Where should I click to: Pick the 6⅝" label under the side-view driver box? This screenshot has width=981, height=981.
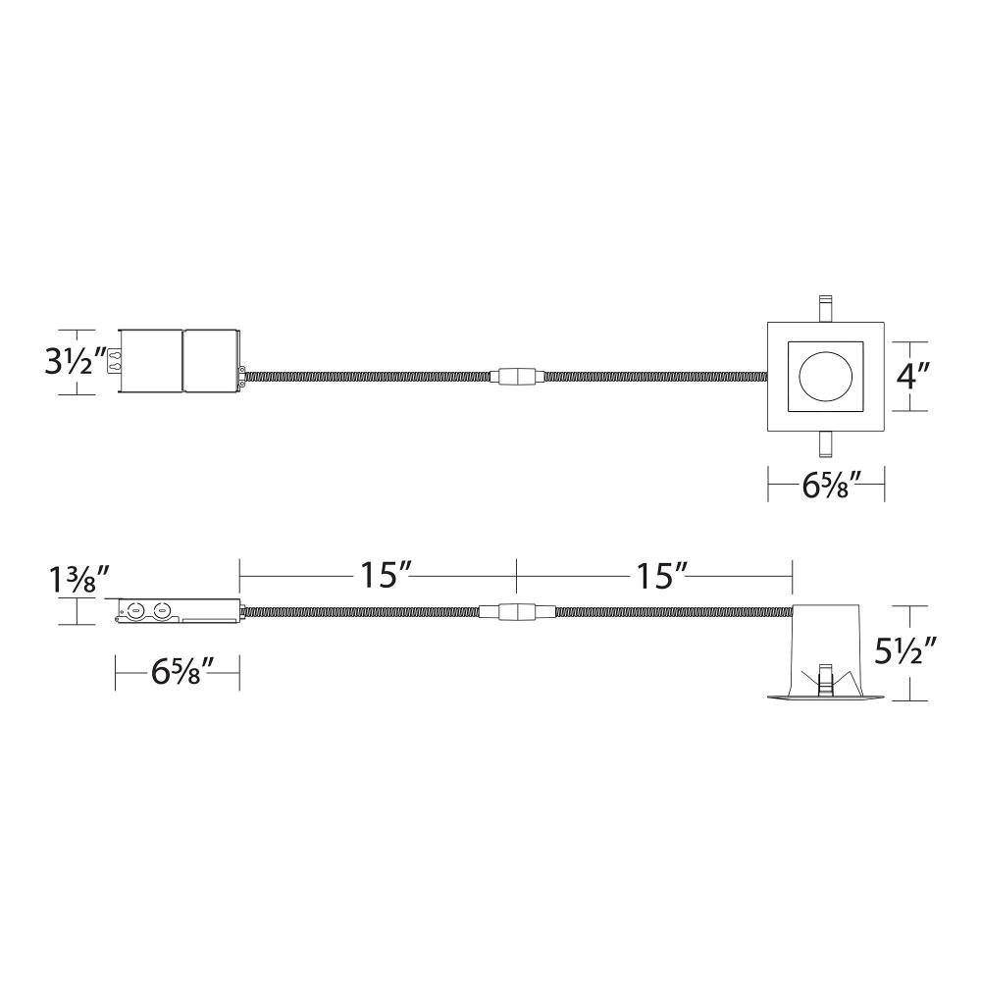click(176, 673)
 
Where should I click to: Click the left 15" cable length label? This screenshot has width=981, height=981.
click(380, 575)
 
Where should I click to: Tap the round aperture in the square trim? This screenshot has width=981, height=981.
click(825, 376)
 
